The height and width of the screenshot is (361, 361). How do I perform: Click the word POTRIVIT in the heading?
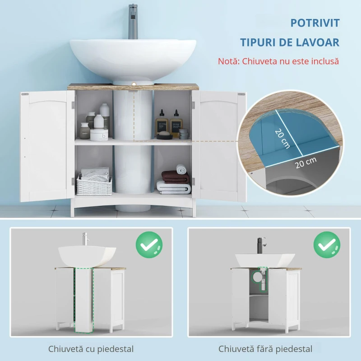point(315,23)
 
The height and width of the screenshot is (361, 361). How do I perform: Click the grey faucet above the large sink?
point(133,21)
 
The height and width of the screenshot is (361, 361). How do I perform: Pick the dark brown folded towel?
point(175,177)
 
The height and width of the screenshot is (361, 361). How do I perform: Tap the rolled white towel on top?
point(182,169)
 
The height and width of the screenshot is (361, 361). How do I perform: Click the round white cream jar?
point(99,134)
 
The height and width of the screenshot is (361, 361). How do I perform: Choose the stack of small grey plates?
point(184,134)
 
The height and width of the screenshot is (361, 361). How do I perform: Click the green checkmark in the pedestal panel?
point(149,245)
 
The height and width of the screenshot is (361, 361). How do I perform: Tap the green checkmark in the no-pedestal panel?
point(327,245)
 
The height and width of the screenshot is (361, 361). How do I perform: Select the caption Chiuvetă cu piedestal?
point(91,349)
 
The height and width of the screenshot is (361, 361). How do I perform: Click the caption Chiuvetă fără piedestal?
point(265,349)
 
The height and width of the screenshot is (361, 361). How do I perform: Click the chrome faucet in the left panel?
point(85,240)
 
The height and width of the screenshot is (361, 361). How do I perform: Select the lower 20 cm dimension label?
point(306,162)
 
